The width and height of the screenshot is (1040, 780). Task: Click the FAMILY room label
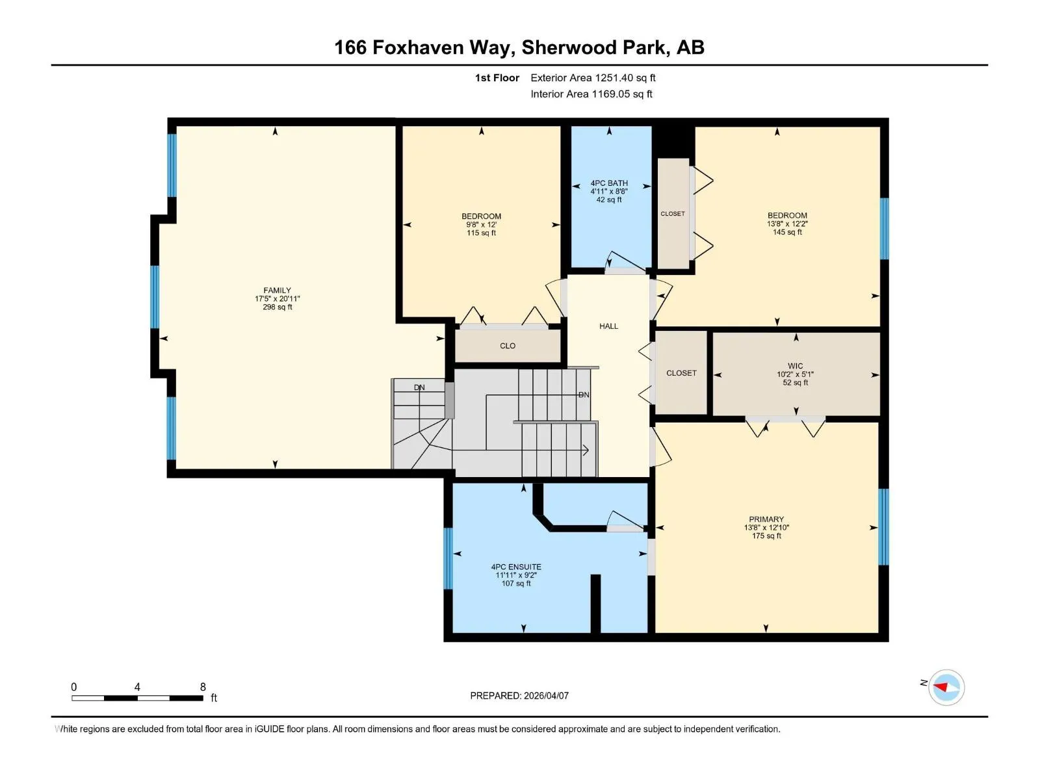(277, 291)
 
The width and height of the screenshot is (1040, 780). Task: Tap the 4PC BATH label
(609, 183)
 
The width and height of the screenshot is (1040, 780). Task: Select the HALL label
(608, 326)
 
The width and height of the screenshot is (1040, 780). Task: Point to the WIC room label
(795, 365)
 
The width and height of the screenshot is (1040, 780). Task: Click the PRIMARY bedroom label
(766, 519)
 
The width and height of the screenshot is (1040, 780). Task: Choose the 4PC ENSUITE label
(516, 566)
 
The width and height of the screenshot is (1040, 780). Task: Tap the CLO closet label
(508, 346)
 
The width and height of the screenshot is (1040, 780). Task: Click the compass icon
(946, 687)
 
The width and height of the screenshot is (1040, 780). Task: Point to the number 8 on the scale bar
(203, 686)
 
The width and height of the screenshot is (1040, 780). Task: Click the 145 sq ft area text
(787, 232)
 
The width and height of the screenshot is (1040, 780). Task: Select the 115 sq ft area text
(481, 233)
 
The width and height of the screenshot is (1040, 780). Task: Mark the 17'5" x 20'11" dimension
(277, 299)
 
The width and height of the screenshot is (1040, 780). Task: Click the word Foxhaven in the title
(418, 47)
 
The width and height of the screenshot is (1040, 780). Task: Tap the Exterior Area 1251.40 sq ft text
(593, 77)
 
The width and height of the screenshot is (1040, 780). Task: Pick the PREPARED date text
(519, 695)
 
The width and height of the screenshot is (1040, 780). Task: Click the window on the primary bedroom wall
(883, 526)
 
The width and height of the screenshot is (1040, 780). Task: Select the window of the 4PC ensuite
(448, 558)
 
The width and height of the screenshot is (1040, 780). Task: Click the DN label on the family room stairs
(419, 387)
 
